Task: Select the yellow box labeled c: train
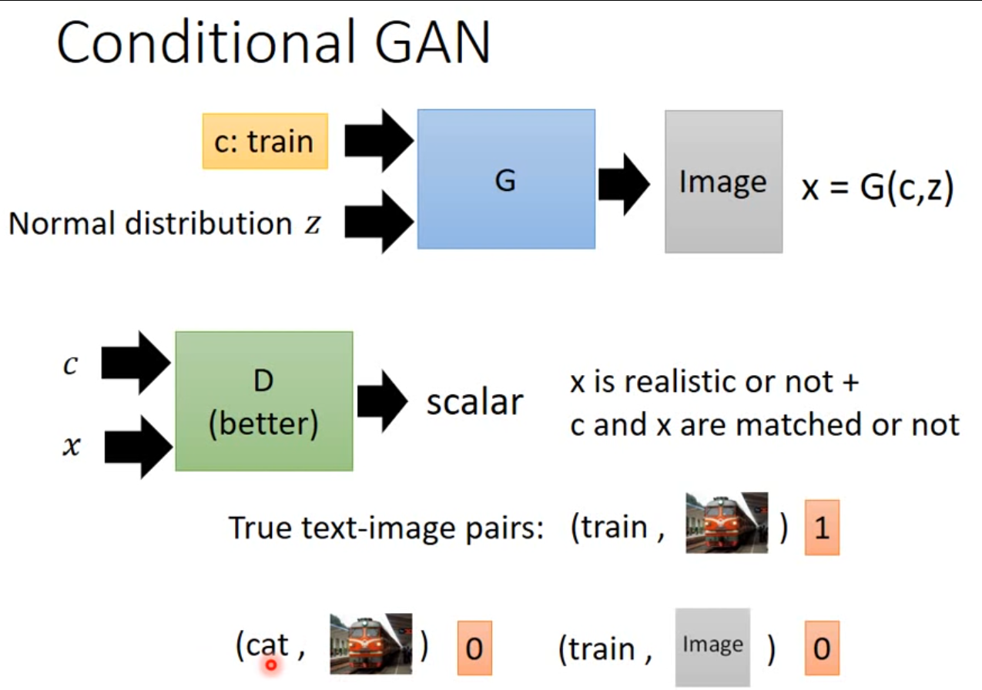pos(265,142)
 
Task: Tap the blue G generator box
pos(506,179)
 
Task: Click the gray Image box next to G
pos(723,182)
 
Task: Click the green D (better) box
pos(263,401)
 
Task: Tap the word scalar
pos(474,402)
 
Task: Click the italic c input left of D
pos(70,365)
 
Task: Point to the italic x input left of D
pos(71,446)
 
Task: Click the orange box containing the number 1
pos(822,529)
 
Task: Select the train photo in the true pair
pos(726,522)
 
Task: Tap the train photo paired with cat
pos(370,644)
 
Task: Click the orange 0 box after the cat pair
pos(474,648)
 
